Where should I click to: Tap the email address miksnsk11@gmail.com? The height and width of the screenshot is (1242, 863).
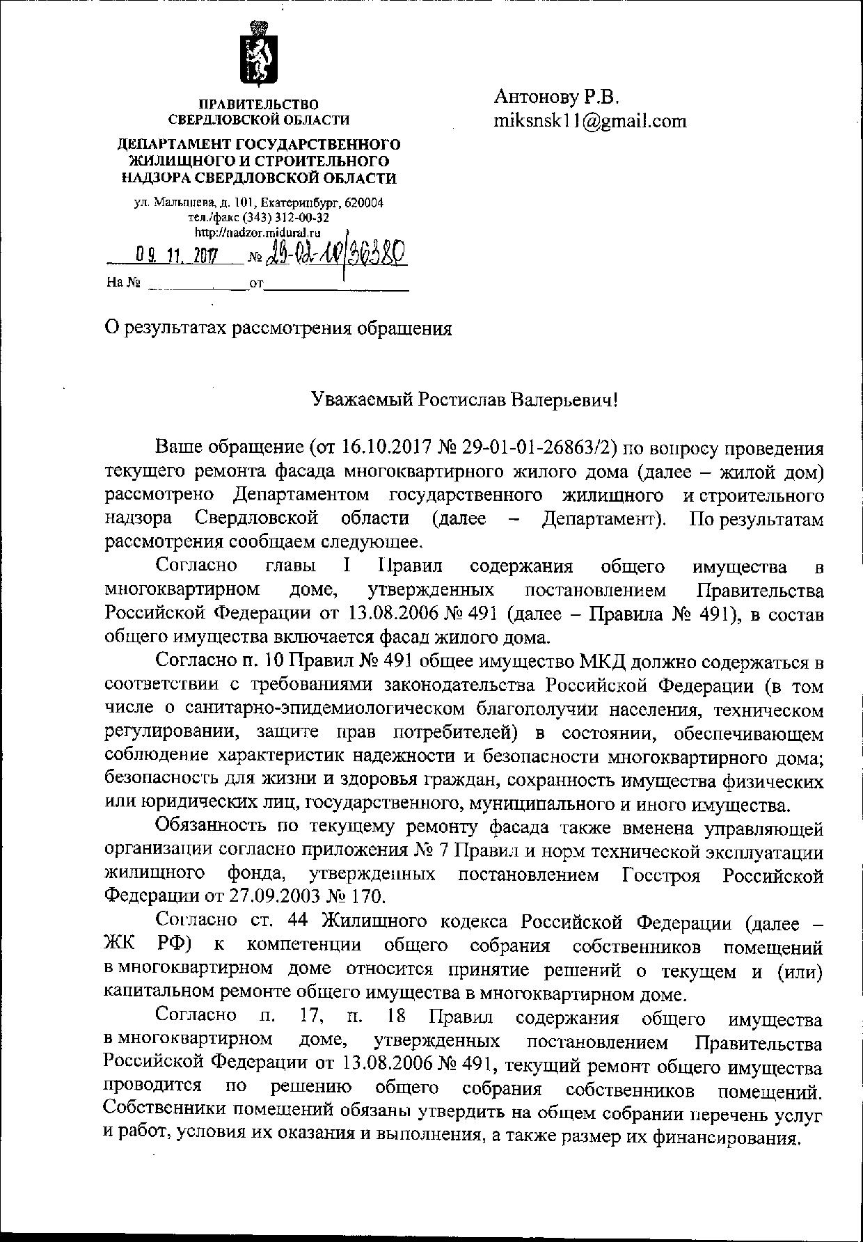(590, 121)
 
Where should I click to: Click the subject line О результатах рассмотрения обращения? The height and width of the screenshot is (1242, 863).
(278, 328)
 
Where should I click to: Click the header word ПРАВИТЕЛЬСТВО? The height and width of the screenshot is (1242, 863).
(259, 104)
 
